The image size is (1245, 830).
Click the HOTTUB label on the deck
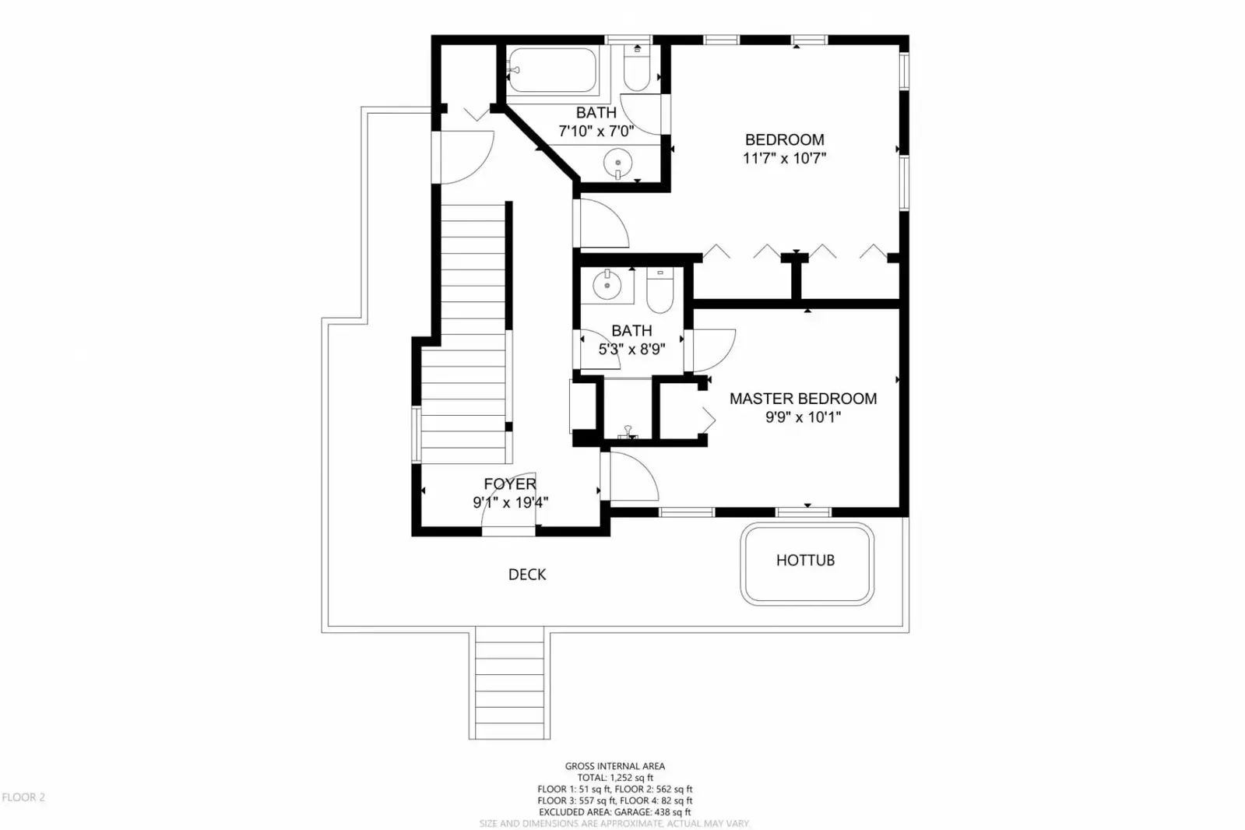(x=805, y=561)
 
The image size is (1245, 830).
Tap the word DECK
(x=527, y=575)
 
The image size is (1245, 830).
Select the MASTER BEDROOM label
(x=803, y=399)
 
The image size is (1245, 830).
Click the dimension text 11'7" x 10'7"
(x=784, y=158)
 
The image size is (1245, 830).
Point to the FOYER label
(x=510, y=484)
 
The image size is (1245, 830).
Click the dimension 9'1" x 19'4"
(x=510, y=502)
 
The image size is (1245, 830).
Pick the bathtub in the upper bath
(x=552, y=70)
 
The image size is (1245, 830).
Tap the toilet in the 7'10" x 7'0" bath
(x=637, y=69)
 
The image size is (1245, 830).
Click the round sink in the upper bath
(x=617, y=162)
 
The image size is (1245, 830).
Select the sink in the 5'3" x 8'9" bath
(x=607, y=286)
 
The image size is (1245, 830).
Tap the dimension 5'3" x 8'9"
(x=632, y=350)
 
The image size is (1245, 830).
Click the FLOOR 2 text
(x=23, y=797)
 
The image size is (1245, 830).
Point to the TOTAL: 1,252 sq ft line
(x=615, y=778)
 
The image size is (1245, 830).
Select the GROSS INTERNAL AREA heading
(x=615, y=766)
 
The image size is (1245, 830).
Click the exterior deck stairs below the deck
(x=510, y=684)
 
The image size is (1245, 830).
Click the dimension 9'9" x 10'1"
(x=803, y=417)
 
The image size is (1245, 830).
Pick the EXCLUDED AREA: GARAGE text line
(x=615, y=812)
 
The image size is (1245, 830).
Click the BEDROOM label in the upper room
(x=784, y=139)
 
